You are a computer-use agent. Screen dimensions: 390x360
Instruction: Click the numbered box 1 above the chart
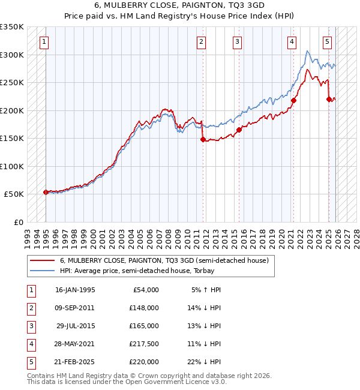coord(46,41)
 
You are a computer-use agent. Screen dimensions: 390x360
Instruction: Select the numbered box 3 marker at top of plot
coord(238,41)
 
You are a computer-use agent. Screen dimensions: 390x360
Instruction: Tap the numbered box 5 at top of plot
coord(327,41)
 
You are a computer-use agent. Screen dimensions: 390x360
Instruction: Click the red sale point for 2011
coord(203,139)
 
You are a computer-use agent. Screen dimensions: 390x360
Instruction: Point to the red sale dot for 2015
coord(239,130)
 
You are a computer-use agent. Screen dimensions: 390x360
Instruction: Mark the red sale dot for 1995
coord(46,192)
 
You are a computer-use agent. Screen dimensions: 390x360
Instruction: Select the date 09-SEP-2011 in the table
coord(74,308)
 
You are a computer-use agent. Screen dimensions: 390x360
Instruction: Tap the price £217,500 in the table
coord(143,344)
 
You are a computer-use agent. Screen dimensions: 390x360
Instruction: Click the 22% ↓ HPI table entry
coord(206,362)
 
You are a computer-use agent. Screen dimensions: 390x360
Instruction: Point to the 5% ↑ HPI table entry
coord(206,290)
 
